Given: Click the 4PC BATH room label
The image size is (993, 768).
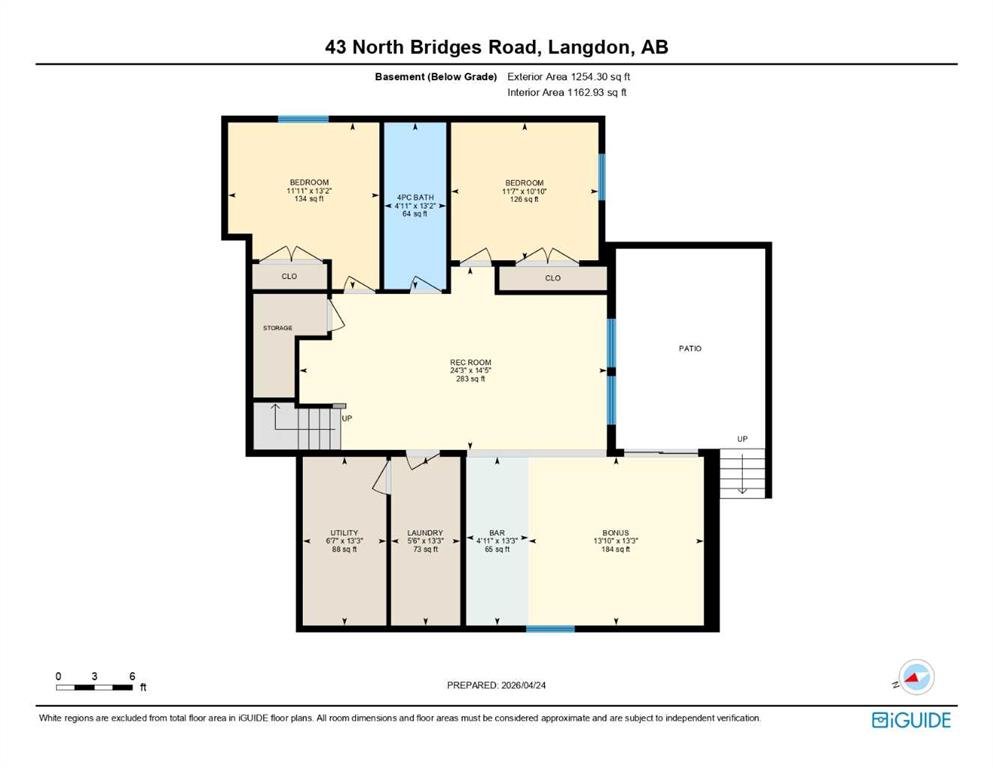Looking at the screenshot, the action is point(415,198).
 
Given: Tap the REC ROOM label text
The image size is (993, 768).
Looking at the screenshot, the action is point(471,363).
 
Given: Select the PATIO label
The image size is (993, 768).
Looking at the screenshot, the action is point(690,348).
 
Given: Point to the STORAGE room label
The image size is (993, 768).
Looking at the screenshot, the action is point(277,328).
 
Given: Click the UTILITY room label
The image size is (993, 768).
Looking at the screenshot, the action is point(345,533).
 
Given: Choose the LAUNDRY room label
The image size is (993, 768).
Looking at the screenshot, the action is point(425,533).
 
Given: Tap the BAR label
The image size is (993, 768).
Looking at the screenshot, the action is point(497,533).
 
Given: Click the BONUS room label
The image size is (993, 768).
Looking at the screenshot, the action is point(616,533).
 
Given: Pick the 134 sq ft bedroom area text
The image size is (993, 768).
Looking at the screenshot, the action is point(309,199).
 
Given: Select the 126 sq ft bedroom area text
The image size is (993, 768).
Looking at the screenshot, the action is point(524,199).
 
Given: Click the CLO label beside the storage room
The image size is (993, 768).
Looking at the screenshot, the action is point(289,276).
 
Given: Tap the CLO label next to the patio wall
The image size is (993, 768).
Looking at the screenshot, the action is point(553,278).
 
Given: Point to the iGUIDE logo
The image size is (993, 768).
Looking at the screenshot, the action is point(911,721).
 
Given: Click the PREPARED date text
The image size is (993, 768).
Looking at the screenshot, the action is point(496,685).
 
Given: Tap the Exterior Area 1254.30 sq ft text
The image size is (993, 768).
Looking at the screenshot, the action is point(569,77).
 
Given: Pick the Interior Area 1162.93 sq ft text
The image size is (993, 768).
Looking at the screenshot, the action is point(567,92).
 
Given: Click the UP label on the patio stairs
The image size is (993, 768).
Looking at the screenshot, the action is point(742,439).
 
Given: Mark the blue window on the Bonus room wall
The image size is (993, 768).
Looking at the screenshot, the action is point(550,629).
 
